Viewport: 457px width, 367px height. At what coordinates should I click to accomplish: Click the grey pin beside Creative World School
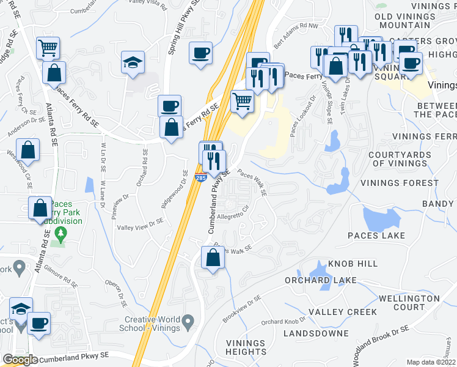188,321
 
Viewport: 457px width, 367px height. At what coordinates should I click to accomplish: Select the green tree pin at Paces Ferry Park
60,233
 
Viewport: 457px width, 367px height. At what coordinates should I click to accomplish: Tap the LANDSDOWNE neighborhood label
315,333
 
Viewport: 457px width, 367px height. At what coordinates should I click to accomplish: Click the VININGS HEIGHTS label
246,347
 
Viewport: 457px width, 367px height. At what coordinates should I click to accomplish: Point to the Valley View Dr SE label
141,224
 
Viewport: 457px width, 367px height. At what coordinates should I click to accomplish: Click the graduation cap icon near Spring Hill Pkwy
133,62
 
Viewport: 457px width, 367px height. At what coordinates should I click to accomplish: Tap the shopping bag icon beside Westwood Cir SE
28,149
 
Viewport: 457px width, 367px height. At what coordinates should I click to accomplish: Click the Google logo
20,360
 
